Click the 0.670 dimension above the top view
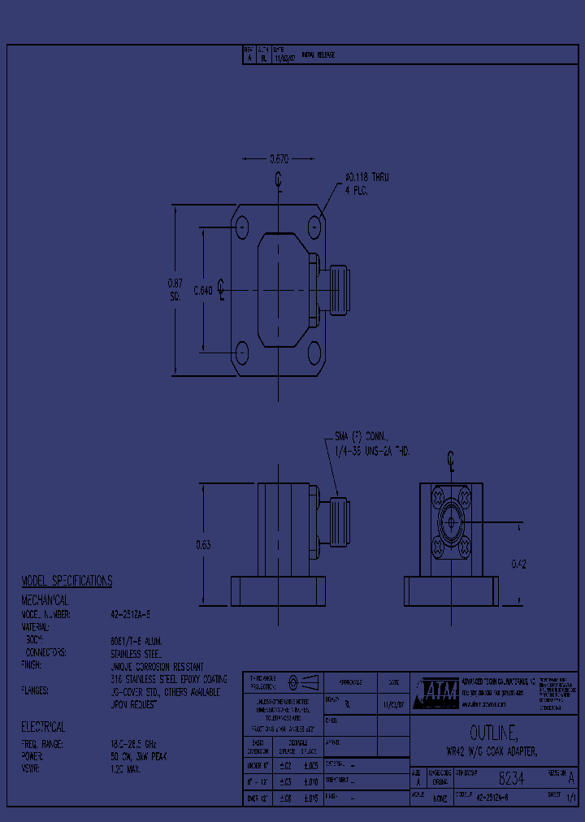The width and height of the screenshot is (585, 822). coord(279,159)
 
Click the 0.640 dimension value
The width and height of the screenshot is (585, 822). coord(202,289)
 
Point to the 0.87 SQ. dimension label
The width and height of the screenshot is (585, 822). coord(174,289)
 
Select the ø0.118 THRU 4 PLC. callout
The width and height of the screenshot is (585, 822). coord(366,183)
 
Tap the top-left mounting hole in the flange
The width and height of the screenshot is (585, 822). coord(242,223)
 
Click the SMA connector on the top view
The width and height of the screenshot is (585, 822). coord(336,289)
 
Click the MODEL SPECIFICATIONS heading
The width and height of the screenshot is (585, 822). coord(67,581)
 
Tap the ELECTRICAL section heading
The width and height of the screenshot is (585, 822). coord(43,727)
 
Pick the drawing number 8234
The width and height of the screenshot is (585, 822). coord(511,778)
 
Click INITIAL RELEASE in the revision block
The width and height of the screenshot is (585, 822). coord(318,55)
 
